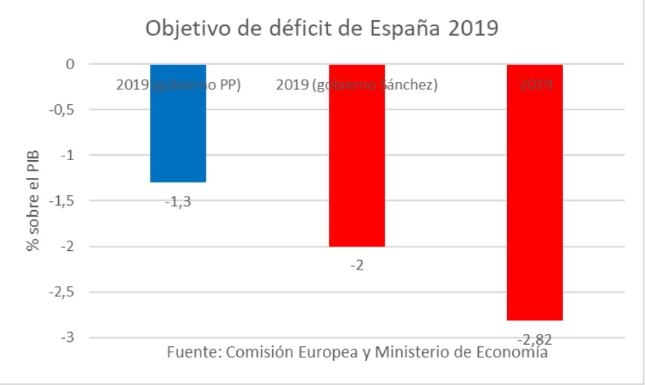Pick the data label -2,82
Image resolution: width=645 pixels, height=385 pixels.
535,340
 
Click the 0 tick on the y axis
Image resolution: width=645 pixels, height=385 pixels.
69,65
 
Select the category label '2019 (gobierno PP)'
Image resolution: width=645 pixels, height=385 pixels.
178,85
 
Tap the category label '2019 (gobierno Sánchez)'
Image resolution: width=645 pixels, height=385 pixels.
356,85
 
